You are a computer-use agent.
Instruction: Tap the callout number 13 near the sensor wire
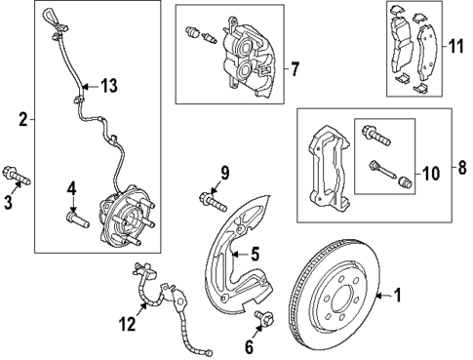click(x=107, y=87)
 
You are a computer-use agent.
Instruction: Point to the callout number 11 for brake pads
click(x=455, y=46)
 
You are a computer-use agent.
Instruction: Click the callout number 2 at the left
click(x=22, y=120)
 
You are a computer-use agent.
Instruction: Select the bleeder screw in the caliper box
click(x=194, y=35)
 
